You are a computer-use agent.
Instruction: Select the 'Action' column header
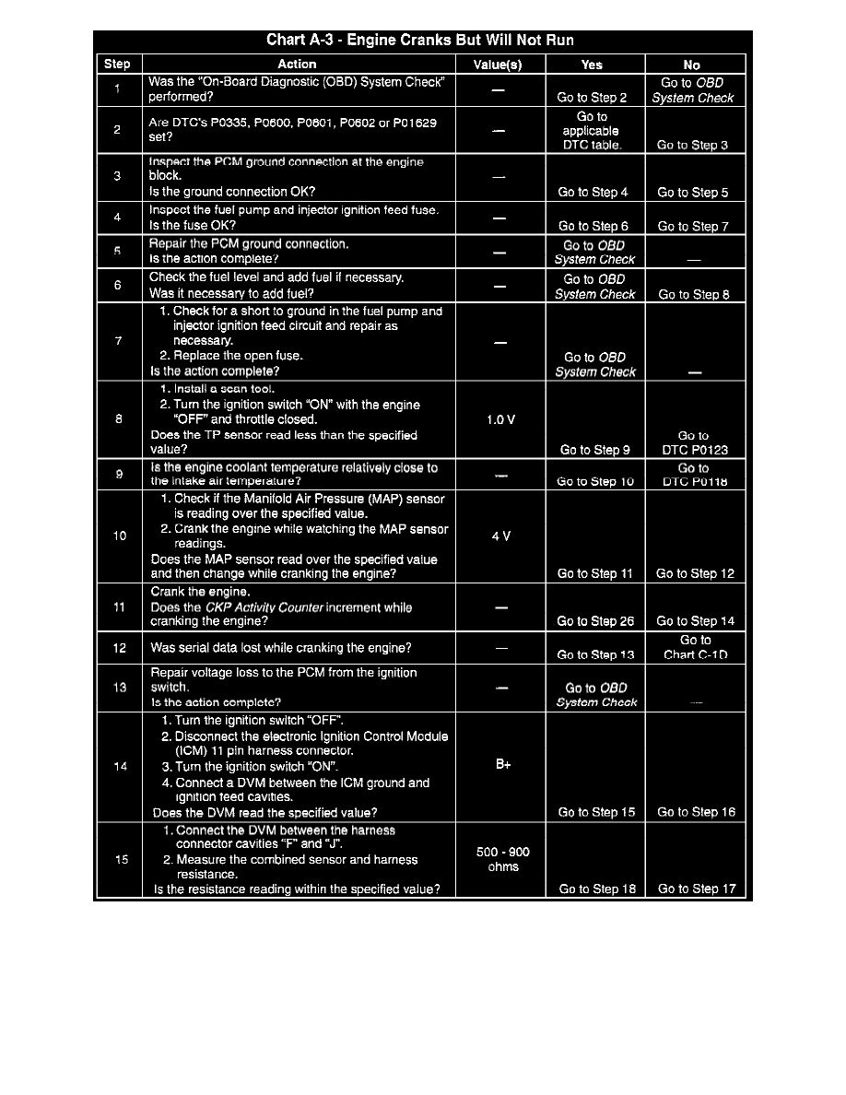click(297, 65)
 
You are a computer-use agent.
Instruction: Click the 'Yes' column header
click(593, 65)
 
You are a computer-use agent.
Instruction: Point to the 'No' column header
click(692, 65)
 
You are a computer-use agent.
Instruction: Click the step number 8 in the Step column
click(119, 419)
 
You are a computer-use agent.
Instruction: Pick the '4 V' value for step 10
click(500, 536)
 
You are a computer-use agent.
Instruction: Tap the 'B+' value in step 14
click(503, 765)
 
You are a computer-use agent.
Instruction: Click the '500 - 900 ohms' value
click(503, 859)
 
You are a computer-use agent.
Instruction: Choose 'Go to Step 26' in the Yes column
click(595, 621)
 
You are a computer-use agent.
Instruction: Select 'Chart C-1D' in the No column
click(694, 655)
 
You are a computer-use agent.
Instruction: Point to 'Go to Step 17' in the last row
click(695, 889)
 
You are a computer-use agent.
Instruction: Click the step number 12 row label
click(120, 648)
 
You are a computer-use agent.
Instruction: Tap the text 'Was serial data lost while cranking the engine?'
click(281, 648)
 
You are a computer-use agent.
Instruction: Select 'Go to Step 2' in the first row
click(593, 98)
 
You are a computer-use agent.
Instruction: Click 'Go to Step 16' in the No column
click(695, 812)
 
